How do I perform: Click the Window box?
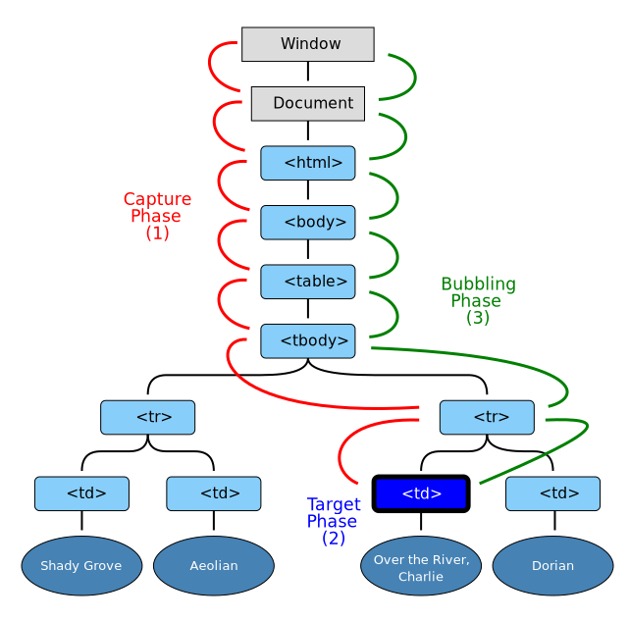point(308,44)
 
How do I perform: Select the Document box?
point(308,103)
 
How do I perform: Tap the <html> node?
point(308,163)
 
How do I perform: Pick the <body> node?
point(308,222)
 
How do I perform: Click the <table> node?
point(308,282)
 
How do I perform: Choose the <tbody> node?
point(308,340)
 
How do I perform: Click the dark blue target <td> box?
point(421,493)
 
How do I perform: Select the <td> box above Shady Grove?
point(81,493)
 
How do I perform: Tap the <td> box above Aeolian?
point(214,493)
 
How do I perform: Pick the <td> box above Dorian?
point(552,493)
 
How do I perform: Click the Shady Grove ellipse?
point(81,565)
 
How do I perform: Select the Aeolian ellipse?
point(214,565)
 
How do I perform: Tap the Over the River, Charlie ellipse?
point(421,566)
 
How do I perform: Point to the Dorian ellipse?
point(552,565)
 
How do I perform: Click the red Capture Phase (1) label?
point(157,216)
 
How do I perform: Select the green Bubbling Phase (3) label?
point(478,300)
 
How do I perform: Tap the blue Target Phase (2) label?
point(334,521)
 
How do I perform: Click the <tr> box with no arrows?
point(147,417)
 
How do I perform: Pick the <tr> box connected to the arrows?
point(487,417)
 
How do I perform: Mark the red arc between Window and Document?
point(210,67)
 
